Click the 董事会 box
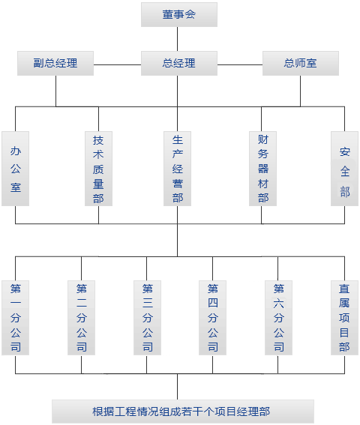(179, 15)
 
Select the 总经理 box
(179, 63)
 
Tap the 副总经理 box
(55, 63)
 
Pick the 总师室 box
(301, 63)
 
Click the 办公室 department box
(16, 169)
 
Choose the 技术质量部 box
(98, 169)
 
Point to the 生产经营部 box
(178, 169)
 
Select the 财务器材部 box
(263, 169)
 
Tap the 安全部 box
(344, 169)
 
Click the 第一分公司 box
(16, 318)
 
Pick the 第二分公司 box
(82, 318)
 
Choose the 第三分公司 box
(147, 318)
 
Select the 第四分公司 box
(213, 318)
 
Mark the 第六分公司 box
(278, 318)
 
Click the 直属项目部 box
(344, 318)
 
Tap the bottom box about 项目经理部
(183, 412)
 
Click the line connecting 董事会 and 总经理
(178, 39)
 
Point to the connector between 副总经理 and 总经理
(117, 64)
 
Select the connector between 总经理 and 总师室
(240, 64)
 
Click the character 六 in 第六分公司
(278, 304)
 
